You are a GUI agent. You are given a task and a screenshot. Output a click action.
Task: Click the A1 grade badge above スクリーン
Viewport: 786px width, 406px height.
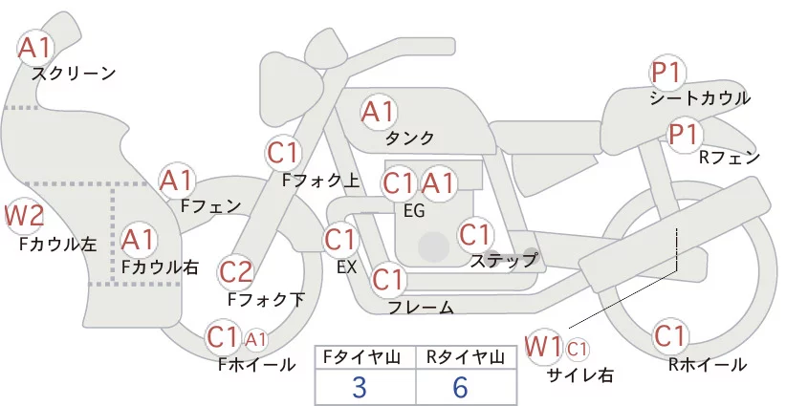(37, 47)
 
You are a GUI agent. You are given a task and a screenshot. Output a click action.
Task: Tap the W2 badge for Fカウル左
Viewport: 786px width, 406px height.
(24, 216)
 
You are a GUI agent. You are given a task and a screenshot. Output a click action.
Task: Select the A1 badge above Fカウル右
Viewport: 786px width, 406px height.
(140, 238)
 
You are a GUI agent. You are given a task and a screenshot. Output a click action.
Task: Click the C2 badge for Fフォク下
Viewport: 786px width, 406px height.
(235, 272)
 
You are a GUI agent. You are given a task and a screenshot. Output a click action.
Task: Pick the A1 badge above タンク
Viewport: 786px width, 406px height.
(378, 111)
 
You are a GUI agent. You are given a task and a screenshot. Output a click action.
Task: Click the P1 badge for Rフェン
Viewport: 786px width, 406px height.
(684, 134)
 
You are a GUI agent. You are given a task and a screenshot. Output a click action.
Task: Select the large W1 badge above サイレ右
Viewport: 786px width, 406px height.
(545, 345)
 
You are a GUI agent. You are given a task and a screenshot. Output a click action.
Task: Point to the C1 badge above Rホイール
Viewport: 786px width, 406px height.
(670, 336)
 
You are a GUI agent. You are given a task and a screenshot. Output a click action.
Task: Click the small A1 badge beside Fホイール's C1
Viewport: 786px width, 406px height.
(256, 338)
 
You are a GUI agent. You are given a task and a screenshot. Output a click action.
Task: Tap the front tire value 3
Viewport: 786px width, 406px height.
(360, 387)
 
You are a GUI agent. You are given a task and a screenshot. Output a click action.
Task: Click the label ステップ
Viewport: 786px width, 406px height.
(504, 259)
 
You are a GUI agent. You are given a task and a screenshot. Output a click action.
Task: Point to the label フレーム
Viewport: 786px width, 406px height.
(421, 308)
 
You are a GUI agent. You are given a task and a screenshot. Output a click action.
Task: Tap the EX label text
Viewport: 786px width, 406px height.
(346, 267)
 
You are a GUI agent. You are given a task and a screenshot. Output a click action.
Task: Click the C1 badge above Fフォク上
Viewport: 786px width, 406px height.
(284, 152)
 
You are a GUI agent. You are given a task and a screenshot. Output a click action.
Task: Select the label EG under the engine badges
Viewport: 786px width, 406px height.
(414, 210)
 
